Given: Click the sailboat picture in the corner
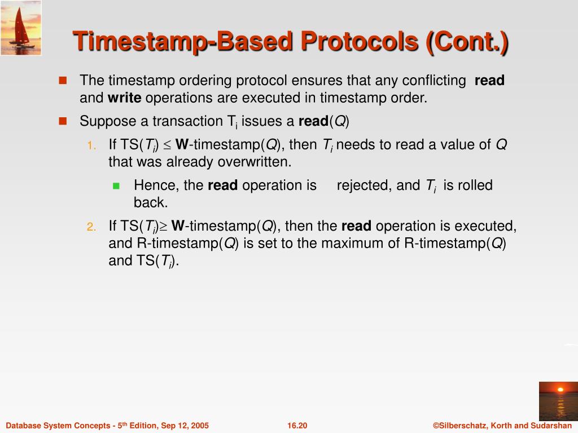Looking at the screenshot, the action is pyautogui.click(x=21, y=28).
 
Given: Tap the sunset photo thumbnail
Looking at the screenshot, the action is pyautogui.click(x=558, y=401).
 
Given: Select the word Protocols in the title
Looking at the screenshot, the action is pyautogui.click(x=360, y=41).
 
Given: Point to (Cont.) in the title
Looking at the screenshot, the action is pyautogui.click(x=467, y=42).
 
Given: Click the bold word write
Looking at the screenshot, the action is pyautogui.click(x=124, y=98).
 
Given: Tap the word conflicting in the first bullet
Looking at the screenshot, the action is pyautogui.click(x=434, y=80).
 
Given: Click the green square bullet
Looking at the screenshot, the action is pyautogui.click(x=116, y=185).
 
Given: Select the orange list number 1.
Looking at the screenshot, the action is pyautogui.click(x=91, y=145).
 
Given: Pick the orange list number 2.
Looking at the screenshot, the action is pyautogui.click(x=91, y=227).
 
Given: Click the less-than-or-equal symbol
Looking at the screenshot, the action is pyautogui.click(x=167, y=145).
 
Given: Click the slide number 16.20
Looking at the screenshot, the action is pyautogui.click(x=297, y=426).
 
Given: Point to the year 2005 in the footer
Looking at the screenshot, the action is pyautogui.click(x=200, y=426).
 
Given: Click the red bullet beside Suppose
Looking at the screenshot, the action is pyautogui.click(x=63, y=121).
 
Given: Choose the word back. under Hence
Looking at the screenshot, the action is pyautogui.click(x=151, y=202).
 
